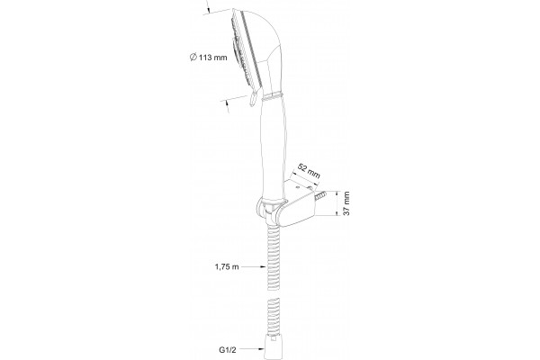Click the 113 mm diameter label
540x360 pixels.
209,58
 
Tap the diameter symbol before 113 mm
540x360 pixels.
193,57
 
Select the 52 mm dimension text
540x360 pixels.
309,171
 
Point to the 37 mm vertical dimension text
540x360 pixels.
346,203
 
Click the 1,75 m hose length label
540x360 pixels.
227,266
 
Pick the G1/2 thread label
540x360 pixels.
228,350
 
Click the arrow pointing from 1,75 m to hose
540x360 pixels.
254,266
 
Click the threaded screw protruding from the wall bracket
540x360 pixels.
320,196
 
